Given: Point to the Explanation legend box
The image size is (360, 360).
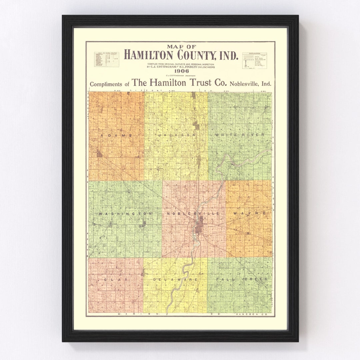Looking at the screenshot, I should (x=254, y=60).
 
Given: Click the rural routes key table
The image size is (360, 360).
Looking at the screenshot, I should (x=106, y=59).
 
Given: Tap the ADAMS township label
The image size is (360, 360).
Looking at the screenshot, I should (x=116, y=135).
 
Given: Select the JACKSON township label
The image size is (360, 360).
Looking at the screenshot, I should (x=177, y=135).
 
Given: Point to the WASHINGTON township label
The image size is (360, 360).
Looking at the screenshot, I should (x=125, y=213).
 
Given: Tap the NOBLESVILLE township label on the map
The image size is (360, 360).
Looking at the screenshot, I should (x=193, y=213).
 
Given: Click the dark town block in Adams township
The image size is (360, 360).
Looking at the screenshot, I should (x=99, y=154).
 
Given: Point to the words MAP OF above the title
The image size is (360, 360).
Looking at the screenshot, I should (x=181, y=47).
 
